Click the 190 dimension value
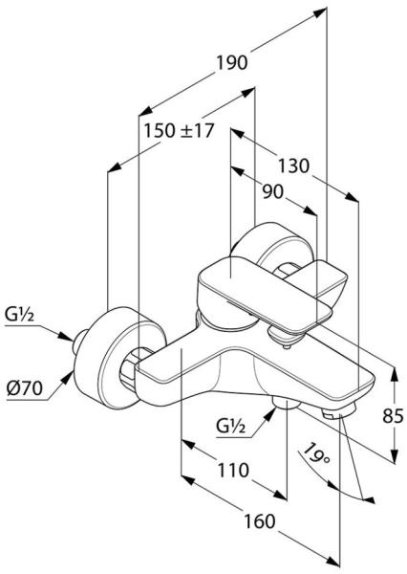pyautogui.click(x=232, y=62)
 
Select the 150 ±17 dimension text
pyautogui.click(x=179, y=131)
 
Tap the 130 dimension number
pyautogui.click(x=293, y=166)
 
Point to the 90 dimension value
pyautogui.click(x=273, y=191)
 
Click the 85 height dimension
pyautogui.click(x=393, y=416)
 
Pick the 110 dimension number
pyautogui.click(x=233, y=470)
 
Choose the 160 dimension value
pyautogui.click(x=259, y=521)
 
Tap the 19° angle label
pyautogui.click(x=315, y=453)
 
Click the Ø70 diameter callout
pyautogui.click(x=24, y=388)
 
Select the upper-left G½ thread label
pyautogui.click(x=20, y=315)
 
